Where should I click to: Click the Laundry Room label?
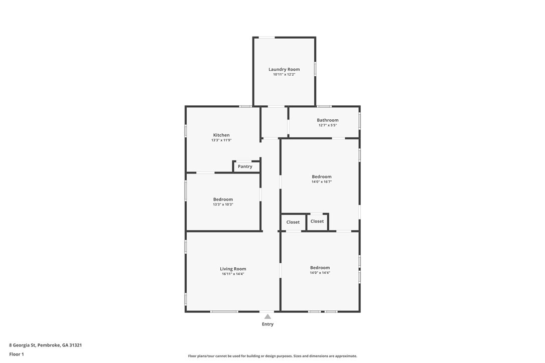[284, 69]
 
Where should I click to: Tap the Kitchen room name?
[221, 135]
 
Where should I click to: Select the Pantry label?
[245, 166]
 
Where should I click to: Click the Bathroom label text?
[328, 120]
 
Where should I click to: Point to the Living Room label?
[233, 269]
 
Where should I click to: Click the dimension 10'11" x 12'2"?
[284, 75]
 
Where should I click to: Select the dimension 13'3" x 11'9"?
[221, 140]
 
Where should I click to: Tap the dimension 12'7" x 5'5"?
[328, 125]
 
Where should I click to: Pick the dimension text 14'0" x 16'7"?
[322, 182]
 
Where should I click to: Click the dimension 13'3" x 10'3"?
[223, 205]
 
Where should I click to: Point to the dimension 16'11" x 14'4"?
[233, 274]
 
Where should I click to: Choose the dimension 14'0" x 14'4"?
[320, 273]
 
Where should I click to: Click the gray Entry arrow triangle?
[267, 316]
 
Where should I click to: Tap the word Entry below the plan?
[267, 324]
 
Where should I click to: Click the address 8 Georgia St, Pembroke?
[45, 345]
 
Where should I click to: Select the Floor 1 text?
[17, 354]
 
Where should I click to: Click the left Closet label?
[293, 222]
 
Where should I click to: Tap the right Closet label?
[317, 221]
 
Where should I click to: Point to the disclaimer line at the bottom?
[272, 356]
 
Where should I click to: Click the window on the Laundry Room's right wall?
[315, 68]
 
